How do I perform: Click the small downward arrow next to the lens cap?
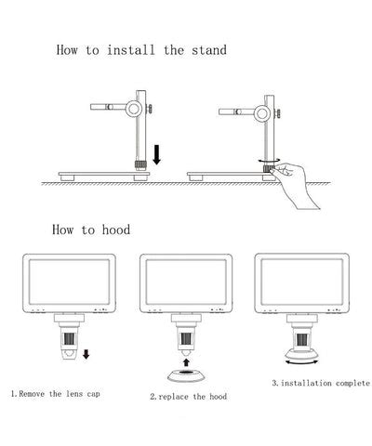[x=86, y=354]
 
